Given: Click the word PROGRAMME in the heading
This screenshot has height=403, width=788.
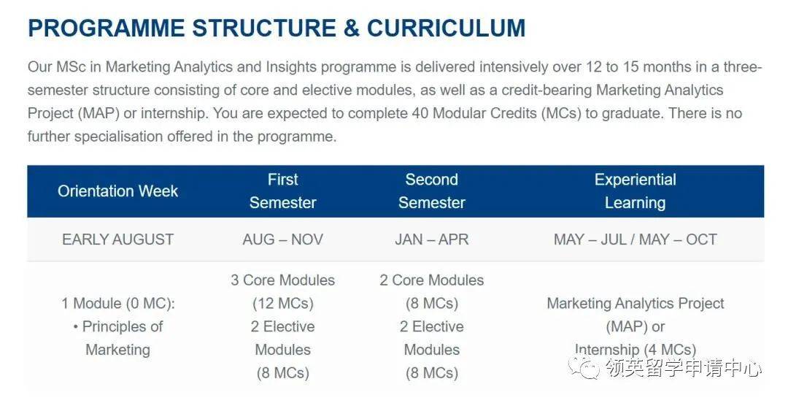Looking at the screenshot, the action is [x=106, y=28].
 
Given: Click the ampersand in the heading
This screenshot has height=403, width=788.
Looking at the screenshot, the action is [x=351, y=28].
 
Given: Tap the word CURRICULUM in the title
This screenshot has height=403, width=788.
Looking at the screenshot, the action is [x=447, y=28].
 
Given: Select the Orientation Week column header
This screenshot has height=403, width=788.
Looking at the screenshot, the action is [x=117, y=191].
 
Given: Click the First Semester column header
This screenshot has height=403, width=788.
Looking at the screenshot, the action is [x=283, y=191].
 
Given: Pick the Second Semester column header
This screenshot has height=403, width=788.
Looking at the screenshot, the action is [x=432, y=191].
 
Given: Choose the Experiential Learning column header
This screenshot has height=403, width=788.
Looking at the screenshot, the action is [x=636, y=191].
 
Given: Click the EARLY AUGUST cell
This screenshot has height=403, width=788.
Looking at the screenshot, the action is [x=118, y=239].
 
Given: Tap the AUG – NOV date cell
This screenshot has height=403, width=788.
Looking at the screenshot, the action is [x=283, y=239].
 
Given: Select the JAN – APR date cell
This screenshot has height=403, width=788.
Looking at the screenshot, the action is [x=432, y=239].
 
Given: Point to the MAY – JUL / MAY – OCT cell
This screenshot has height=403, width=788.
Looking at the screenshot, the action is [x=636, y=239].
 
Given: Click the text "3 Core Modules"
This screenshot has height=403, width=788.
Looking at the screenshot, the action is [x=283, y=280].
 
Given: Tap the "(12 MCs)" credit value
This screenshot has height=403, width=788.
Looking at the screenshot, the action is [x=283, y=304].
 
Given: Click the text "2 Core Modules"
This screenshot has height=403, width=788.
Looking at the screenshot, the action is [x=432, y=280].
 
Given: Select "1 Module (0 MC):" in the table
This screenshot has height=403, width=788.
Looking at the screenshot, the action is [x=118, y=304].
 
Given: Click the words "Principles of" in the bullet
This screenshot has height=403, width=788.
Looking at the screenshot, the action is [x=122, y=327].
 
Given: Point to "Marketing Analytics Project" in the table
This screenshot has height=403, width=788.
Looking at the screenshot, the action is [x=636, y=304].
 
